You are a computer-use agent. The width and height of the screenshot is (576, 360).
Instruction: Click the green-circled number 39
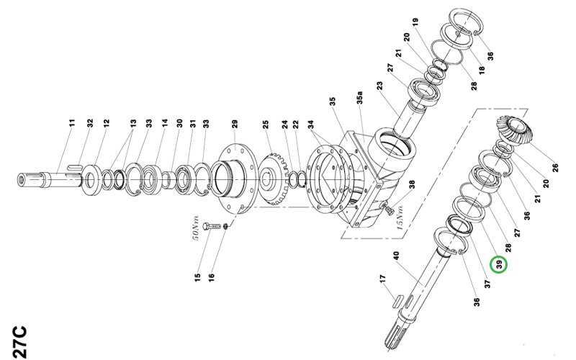(x=499, y=264)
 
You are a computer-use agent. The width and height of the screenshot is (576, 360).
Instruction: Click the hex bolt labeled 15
(x=212, y=226)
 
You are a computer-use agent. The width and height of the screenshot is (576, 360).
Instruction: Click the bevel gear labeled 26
(x=514, y=130)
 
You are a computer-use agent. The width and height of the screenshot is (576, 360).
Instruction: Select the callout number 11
(x=71, y=122)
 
